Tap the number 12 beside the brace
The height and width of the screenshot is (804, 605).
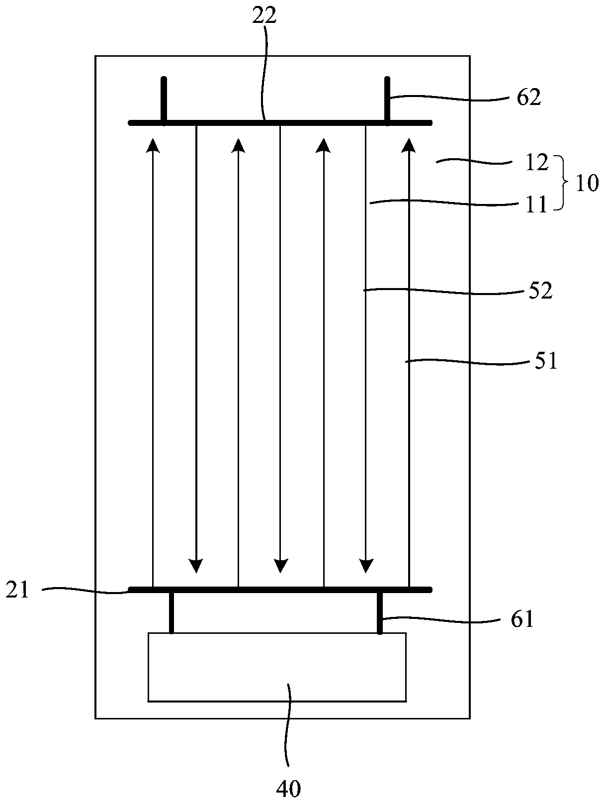[x=535, y=163]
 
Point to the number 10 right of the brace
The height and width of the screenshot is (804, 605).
[x=587, y=184]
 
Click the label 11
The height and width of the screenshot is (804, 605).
[x=536, y=204]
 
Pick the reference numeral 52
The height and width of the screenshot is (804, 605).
[x=541, y=291]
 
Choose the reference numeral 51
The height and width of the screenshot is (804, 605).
[x=545, y=361]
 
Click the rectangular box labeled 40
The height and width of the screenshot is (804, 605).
[x=277, y=667]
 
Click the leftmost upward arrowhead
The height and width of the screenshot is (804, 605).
[x=153, y=145]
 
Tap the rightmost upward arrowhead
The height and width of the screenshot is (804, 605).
[x=409, y=145]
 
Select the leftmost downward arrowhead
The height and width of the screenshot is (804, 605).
[x=196, y=565]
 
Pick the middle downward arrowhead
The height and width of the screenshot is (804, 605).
[x=281, y=565]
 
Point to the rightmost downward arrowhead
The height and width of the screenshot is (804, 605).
[x=366, y=565]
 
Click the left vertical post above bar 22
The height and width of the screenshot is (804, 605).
[x=164, y=99]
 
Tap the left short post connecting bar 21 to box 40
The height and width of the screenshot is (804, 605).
[x=172, y=612]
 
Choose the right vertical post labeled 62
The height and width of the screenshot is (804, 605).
[x=387, y=99]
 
